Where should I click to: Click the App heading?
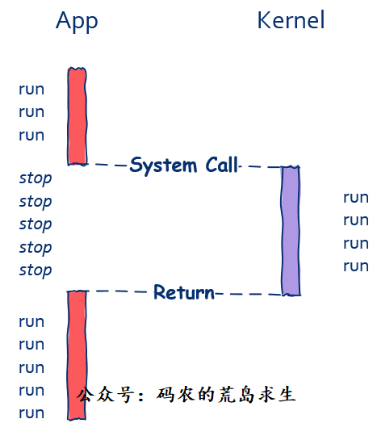(77, 21)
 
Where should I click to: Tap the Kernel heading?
(291, 20)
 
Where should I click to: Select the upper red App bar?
(77, 116)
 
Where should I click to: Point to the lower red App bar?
(77, 355)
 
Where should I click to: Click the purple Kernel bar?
(291, 231)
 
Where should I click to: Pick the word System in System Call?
(163, 166)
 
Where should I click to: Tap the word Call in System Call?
(222, 165)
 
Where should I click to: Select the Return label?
(184, 292)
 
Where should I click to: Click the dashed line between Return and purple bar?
(249, 294)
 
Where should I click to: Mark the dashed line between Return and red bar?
(120, 291)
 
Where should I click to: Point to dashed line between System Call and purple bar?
(261, 166)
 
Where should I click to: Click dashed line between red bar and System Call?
(108, 165)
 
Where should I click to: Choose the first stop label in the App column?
(36, 178)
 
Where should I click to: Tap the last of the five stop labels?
(36, 270)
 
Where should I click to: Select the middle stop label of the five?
(36, 224)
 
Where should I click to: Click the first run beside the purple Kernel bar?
(356, 198)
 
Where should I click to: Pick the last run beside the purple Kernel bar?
(356, 266)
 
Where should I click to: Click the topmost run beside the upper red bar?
(31, 90)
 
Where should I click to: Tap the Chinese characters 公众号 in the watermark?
(106, 395)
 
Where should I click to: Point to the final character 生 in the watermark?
(287, 394)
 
